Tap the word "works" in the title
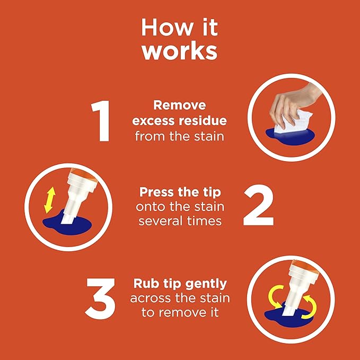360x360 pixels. pos(180,51)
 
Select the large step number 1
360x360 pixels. pos(100,121)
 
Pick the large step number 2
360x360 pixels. pos(258,206)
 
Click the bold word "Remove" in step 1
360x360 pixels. pos(180,106)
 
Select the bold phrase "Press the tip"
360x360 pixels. pos(180,191)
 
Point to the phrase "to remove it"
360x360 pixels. pos(180,313)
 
